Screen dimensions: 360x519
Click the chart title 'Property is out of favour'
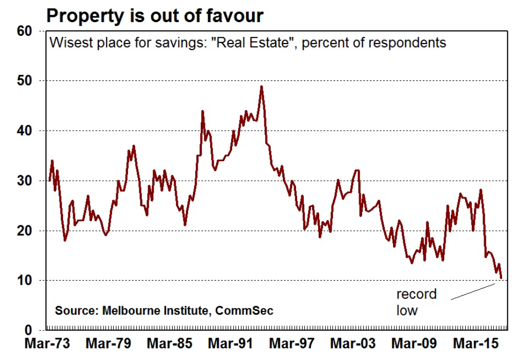[155, 15]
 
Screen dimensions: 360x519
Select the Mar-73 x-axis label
[47, 344]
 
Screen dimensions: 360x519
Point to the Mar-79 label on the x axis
[108, 344]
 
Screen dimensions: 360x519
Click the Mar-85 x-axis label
[169, 344]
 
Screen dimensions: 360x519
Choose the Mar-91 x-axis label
[230, 344]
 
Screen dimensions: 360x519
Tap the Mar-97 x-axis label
[291, 344]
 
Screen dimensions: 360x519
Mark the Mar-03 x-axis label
[352, 344]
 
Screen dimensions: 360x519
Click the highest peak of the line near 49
[261, 87]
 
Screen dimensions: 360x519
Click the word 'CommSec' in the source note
[244, 311]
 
